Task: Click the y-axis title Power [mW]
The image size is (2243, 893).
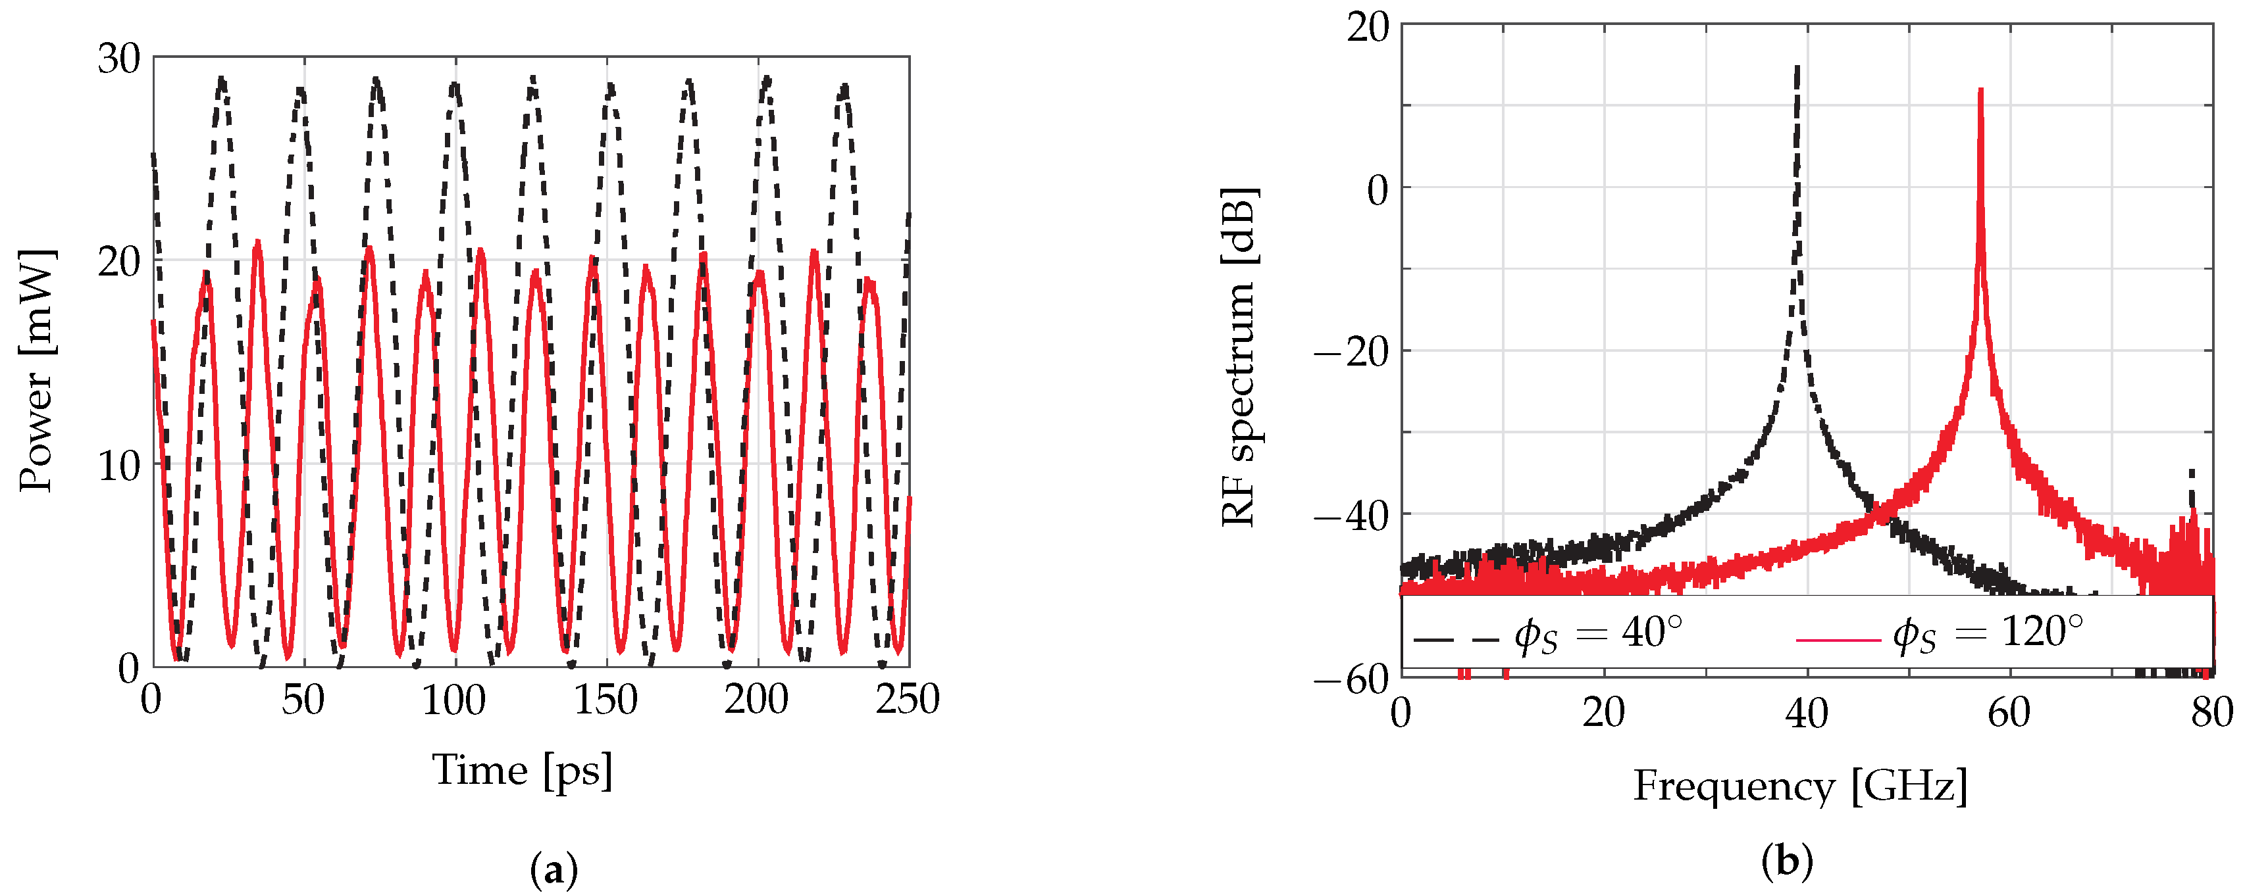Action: [37, 370]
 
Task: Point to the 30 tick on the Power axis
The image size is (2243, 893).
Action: [118, 59]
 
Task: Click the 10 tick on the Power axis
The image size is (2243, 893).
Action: [118, 465]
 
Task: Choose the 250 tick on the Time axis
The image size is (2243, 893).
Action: [908, 700]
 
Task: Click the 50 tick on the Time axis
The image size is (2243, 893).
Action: [303, 700]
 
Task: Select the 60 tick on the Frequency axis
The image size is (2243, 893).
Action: [2009, 713]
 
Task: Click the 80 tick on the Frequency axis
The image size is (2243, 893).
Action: [2211, 713]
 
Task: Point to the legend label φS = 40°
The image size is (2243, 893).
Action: [1599, 634]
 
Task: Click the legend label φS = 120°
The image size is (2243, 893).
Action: [1989, 634]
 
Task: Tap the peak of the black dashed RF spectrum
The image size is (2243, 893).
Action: [1797, 67]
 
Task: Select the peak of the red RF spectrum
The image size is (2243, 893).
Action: [1981, 89]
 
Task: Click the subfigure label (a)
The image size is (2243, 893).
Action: [554, 869]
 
